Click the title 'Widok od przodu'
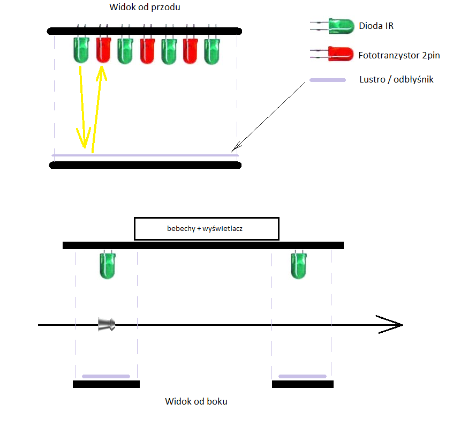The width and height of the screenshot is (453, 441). (x=145, y=7)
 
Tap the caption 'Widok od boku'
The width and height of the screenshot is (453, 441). (x=196, y=401)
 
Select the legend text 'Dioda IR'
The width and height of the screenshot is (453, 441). (x=376, y=26)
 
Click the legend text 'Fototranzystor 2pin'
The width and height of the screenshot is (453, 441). (x=399, y=55)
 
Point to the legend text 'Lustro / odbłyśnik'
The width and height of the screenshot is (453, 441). (x=396, y=79)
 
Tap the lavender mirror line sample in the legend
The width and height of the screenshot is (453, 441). (x=328, y=80)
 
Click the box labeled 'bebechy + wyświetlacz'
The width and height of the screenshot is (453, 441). (x=207, y=228)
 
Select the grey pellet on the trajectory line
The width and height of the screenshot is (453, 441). (x=107, y=324)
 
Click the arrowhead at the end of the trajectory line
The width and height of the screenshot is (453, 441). (x=402, y=325)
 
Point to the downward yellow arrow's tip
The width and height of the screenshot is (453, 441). (x=85, y=147)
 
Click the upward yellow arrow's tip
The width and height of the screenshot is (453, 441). (x=101, y=67)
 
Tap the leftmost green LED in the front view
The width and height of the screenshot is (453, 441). (x=81, y=50)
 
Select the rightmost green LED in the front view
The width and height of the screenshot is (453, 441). (x=212, y=51)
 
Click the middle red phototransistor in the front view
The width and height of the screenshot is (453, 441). (x=147, y=51)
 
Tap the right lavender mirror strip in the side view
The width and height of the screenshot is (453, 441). (x=303, y=376)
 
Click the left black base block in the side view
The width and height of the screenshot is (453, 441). (x=107, y=384)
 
